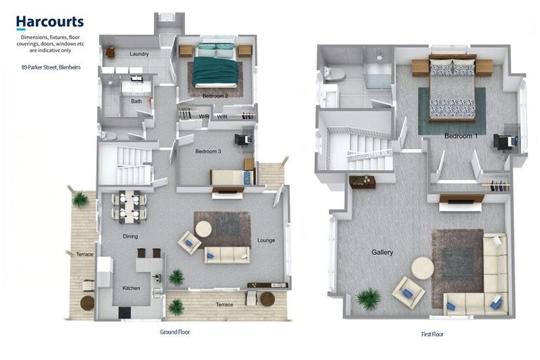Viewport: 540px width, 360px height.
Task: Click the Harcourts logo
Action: (x=50, y=22)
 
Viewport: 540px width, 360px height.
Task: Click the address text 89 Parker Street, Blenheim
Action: (x=50, y=68)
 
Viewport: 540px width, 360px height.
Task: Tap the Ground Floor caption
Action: (x=175, y=331)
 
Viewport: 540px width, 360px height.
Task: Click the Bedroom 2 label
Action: (x=216, y=95)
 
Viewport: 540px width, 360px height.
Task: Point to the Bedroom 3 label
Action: (x=208, y=151)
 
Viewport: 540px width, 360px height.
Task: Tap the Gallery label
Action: (x=382, y=252)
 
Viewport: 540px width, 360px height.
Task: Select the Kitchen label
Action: (x=131, y=288)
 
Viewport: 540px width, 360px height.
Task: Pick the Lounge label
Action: (x=266, y=240)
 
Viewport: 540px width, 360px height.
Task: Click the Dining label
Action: (x=130, y=236)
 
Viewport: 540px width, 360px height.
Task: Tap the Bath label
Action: (x=136, y=101)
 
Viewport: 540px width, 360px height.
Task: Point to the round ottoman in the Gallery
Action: (x=423, y=268)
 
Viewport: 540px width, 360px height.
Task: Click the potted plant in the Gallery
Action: (x=368, y=299)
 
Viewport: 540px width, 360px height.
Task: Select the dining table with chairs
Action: (x=129, y=205)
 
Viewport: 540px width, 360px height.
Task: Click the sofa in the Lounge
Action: (x=226, y=255)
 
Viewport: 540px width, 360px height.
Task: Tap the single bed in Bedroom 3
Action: (x=231, y=177)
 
